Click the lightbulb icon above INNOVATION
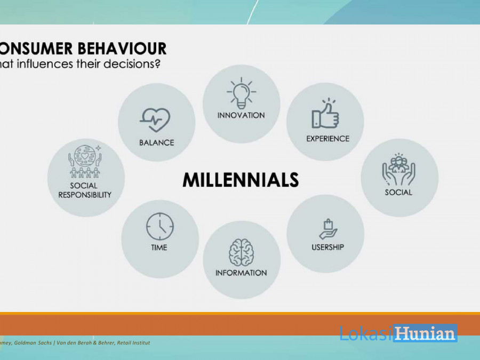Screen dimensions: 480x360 (x=241, y=93)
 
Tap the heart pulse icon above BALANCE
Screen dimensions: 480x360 (x=155, y=120)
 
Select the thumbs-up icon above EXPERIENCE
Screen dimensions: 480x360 (x=325, y=114)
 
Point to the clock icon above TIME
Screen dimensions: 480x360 (x=160, y=227)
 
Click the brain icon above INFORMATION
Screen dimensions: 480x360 (x=241, y=253)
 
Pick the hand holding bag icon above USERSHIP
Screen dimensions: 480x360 (x=328, y=229)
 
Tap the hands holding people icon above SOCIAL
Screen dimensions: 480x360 (x=398, y=169)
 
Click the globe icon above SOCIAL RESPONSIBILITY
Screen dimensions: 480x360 (x=85, y=161)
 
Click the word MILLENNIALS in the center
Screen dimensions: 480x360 (x=241, y=180)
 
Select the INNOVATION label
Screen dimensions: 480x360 (x=241, y=115)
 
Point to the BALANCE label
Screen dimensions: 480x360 (x=157, y=142)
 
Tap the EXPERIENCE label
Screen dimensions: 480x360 (x=328, y=139)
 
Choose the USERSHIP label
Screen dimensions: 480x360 (x=328, y=247)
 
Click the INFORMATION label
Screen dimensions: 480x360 (x=241, y=273)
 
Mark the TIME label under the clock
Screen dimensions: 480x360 (x=159, y=247)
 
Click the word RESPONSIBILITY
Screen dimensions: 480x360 (x=85, y=195)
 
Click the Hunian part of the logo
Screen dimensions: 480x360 (x=426, y=333)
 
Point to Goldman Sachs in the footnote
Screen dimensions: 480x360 (x=33, y=343)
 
